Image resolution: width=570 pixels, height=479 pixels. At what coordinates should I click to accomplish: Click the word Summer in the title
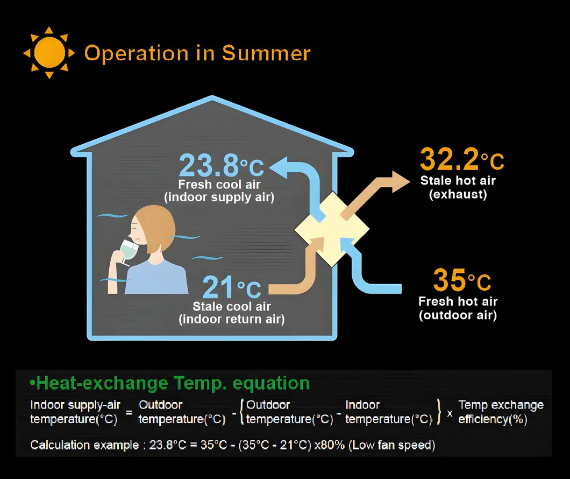coord(266,53)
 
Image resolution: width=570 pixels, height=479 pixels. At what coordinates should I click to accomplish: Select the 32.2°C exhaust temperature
coord(461,160)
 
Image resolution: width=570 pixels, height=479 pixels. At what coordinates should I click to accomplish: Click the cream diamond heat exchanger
coord(332,229)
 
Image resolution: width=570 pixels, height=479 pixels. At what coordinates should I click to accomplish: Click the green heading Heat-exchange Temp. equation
coord(170,383)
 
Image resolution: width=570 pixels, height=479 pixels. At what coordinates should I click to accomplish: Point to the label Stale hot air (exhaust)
coord(458,187)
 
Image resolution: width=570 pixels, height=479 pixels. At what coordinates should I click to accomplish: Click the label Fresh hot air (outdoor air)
coord(458,308)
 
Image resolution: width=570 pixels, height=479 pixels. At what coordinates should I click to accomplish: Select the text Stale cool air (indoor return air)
coord(232,313)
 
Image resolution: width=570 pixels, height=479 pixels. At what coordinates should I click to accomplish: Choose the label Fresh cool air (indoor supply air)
coord(219,191)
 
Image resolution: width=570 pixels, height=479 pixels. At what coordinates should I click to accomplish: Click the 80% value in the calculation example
coord(333,446)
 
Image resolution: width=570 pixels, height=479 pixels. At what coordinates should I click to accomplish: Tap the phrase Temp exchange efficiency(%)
coord(500,412)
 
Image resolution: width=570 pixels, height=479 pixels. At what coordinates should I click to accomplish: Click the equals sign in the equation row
coord(129,412)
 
